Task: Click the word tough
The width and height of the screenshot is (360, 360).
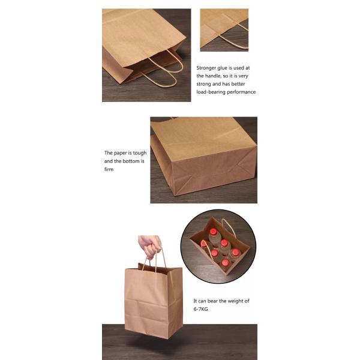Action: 140,153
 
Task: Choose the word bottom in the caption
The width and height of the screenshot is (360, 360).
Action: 131,161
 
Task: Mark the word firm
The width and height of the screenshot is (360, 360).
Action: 109,169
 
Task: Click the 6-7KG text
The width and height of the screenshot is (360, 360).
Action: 200,309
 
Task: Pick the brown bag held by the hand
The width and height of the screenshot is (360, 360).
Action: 154,300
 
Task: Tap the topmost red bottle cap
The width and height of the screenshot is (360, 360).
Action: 214,232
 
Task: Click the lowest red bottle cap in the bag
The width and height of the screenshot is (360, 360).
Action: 225,262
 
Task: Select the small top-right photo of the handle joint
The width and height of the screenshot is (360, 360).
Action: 224,30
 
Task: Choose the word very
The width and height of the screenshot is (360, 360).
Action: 244,76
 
